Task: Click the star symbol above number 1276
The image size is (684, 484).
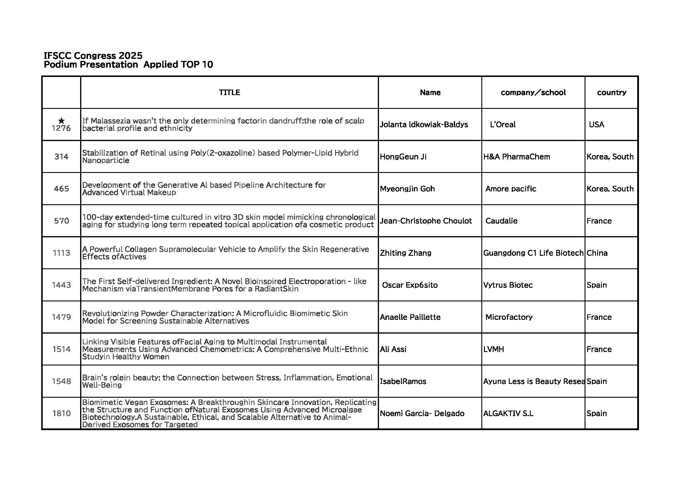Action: (61, 121)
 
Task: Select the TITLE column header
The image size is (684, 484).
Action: (229, 92)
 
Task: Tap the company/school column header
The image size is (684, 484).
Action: (533, 92)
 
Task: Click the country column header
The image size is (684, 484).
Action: (611, 92)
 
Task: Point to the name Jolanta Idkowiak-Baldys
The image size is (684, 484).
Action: (424, 125)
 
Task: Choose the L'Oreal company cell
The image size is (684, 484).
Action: (503, 125)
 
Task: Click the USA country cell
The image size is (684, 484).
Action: (596, 125)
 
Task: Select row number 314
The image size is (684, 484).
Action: (61, 157)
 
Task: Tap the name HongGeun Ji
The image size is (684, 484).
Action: (403, 157)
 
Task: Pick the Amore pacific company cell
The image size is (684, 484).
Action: (511, 189)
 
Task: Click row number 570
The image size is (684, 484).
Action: (61, 221)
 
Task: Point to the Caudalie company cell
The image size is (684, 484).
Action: (502, 221)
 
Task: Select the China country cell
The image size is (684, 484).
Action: (597, 253)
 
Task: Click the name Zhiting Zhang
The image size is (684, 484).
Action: (405, 253)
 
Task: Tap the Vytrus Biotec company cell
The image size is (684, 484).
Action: (508, 285)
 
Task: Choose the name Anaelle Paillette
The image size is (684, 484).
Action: (410, 317)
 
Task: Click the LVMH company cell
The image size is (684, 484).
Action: (494, 349)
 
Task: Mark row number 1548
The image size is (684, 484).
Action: (61, 382)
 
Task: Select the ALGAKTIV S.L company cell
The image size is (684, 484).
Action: (508, 413)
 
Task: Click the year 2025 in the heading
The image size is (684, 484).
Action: (130, 56)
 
